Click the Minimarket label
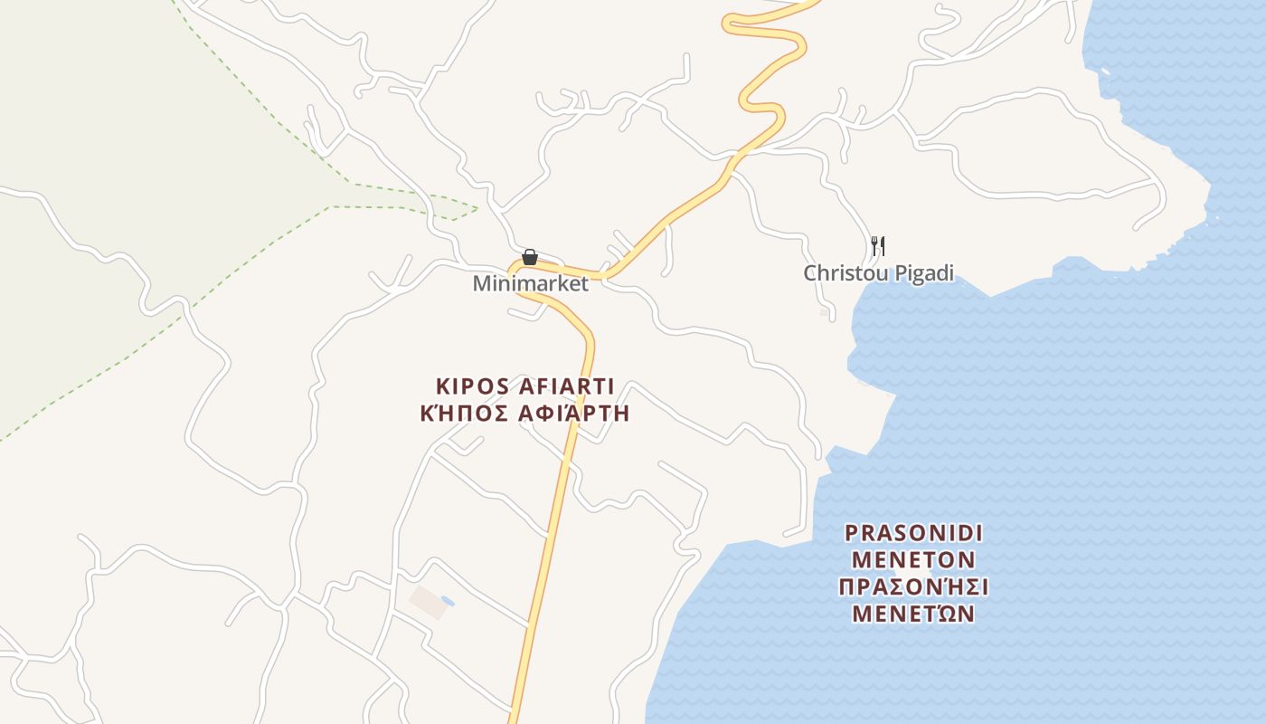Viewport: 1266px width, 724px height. (530, 284)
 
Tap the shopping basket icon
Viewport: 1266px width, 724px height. (530, 258)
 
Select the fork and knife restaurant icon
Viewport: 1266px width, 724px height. (877, 245)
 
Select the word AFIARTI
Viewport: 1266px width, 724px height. (569, 387)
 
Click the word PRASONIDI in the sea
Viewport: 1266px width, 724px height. (913, 532)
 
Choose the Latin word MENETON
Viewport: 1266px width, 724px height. (913, 559)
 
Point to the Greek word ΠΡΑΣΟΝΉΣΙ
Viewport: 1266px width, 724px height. (913, 587)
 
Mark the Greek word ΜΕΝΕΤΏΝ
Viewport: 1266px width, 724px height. (913, 614)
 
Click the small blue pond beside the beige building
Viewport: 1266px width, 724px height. (448, 601)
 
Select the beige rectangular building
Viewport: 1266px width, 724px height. (428, 602)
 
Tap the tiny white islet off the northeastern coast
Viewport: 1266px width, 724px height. (1104, 71)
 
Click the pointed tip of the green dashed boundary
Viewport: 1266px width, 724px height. (477, 209)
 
